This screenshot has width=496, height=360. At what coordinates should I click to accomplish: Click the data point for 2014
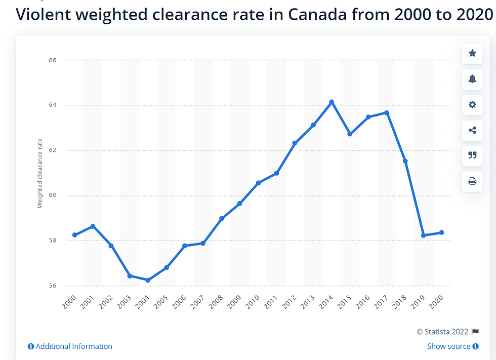point(332,102)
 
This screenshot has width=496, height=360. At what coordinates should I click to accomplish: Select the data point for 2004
point(148,280)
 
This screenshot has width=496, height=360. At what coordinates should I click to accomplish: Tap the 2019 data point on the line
point(423,235)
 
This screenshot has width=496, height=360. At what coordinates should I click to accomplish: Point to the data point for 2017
point(387,113)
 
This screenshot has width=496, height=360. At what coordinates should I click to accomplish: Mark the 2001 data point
point(93,226)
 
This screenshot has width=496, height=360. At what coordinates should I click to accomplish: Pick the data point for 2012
point(295,143)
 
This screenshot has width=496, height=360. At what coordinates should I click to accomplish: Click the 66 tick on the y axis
point(53,60)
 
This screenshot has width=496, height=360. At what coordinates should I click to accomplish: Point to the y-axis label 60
point(53,195)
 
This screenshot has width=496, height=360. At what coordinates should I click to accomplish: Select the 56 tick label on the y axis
point(53,286)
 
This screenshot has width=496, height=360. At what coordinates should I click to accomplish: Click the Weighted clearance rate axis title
point(40,173)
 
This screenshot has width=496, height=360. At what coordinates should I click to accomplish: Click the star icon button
point(472,53)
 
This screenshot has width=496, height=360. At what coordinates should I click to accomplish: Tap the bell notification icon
point(472,79)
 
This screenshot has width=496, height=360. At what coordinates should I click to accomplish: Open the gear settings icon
point(472,105)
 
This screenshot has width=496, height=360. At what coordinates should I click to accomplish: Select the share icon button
point(472,130)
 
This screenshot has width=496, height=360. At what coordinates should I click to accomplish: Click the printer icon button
point(472,181)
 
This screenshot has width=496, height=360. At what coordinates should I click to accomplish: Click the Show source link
point(452,346)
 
